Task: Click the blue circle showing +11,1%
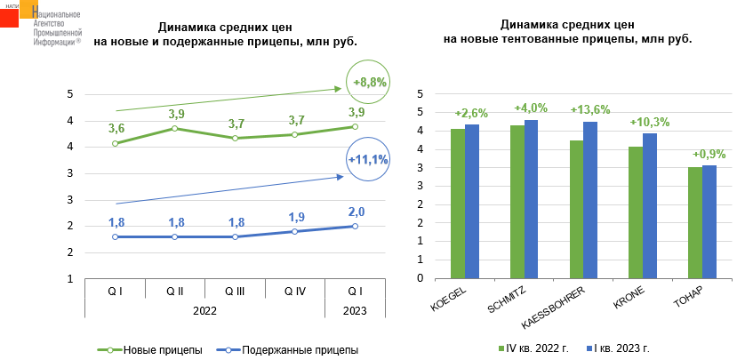pos(369,160)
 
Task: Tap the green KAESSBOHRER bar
pos(577,209)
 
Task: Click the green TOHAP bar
pos(694,222)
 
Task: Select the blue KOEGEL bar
pos(472,201)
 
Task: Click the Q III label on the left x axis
pos(235,291)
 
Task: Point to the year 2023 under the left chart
pos(355,311)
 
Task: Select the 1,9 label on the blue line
pos(295,217)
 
